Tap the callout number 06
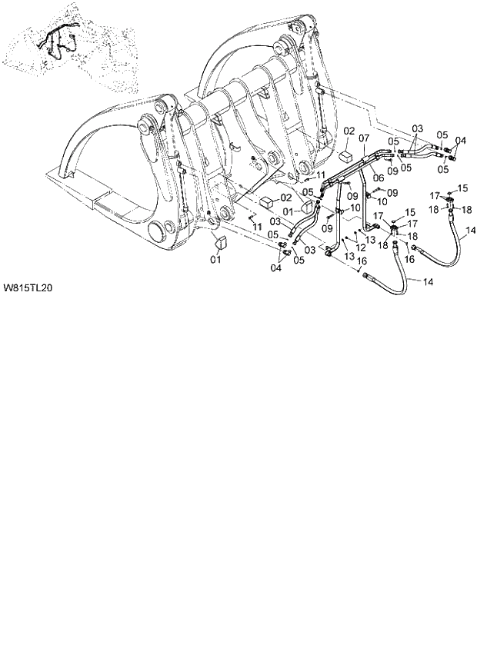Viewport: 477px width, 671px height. click(x=378, y=177)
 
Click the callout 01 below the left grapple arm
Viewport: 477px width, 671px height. click(x=216, y=261)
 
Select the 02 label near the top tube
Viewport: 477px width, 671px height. click(x=349, y=131)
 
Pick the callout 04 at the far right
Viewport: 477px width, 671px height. click(x=460, y=140)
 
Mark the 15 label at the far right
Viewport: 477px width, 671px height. click(x=463, y=188)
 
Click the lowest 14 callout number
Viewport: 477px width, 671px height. click(x=429, y=282)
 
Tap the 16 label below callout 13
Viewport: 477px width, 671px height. click(x=361, y=262)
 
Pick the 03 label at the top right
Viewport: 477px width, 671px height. click(x=418, y=128)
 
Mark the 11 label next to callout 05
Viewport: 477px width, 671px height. click(x=321, y=175)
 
